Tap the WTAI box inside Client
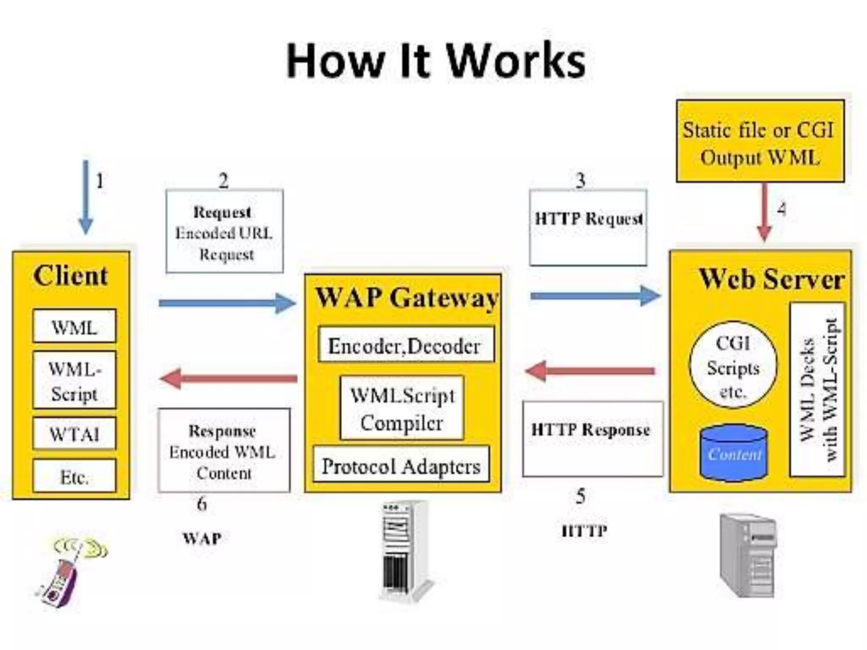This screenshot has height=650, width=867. (x=74, y=434)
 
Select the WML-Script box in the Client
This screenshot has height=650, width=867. (x=74, y=380)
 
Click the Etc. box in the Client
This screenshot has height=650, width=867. (x=74, y=476)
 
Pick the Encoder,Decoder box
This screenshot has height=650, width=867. (x=406, y=344)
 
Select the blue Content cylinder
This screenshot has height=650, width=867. (x=734, y=452)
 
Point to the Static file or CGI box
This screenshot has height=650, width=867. (x=760, y=141)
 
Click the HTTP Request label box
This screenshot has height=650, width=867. (x=588, y=228)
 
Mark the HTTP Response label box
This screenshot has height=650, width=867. (x=593, y=438)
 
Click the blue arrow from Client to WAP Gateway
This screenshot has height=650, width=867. (x=227, y=303)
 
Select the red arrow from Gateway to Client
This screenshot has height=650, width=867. (x=229, y=378)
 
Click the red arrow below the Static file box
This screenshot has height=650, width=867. (x=764, y=212)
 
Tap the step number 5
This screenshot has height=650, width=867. (x=580, y=496)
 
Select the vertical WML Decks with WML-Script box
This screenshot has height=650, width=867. (x=817, y=389)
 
